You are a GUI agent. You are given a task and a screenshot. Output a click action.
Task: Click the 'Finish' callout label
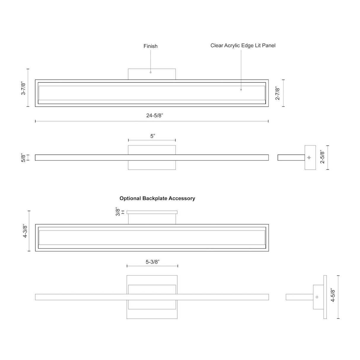(150, 46)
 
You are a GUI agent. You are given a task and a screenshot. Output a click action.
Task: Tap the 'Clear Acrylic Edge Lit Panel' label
(243, 46)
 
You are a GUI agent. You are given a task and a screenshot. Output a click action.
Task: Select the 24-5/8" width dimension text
(154, 116)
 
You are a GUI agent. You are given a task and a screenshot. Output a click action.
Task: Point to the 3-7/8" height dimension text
(23, 88)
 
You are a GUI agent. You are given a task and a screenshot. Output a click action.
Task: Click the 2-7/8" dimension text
(278, 93)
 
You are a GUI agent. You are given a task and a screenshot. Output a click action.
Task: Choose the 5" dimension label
(153, 136)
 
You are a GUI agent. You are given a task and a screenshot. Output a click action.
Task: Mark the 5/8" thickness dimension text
(23, 157)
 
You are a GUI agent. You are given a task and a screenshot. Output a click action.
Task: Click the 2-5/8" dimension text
(322, 157)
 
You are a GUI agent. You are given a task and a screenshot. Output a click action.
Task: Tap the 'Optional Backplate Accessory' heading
(157, 198)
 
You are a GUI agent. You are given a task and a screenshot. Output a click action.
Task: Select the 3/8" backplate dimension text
(118, 212)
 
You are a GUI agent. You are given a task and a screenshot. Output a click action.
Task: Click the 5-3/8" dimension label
(152, 262)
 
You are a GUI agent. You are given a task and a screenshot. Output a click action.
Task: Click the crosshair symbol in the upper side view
(309, 157)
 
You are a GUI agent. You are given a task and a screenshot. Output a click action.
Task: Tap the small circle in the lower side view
(317, 297)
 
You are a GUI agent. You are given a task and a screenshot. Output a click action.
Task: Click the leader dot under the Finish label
(150, 72)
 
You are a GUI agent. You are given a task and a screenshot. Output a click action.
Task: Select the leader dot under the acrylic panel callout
(241, 90)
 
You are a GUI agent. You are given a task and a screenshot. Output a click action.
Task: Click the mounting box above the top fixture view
(152, 74)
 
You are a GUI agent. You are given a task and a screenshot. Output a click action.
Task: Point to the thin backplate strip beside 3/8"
(152, 212)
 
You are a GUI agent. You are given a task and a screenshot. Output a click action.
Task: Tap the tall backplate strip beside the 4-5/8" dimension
(325, 297)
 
